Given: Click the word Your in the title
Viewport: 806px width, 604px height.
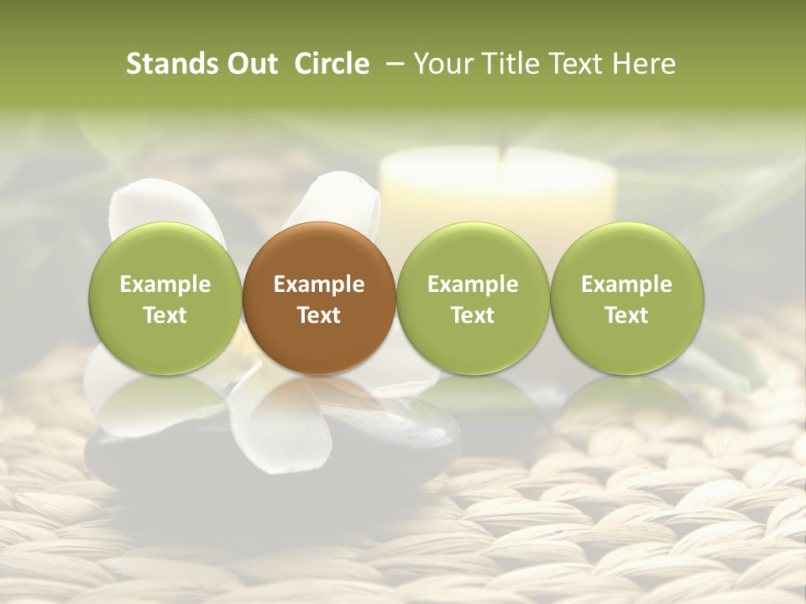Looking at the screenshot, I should (x=442, y=64).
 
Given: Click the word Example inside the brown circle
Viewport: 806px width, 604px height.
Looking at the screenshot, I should (x=319, y=284).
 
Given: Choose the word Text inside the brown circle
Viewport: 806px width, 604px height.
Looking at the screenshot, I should (x=319, y=315).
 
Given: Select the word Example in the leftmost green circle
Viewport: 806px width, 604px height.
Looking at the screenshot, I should (x=165, y=284).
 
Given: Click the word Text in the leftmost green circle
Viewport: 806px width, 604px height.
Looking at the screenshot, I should (x=165, y=315).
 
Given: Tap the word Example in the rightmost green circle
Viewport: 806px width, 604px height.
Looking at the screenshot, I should (x=626, y=284).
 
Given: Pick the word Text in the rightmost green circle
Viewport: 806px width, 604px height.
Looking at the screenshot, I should (x=626, y=315).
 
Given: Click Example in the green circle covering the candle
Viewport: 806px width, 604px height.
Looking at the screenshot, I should (x=473, y=284).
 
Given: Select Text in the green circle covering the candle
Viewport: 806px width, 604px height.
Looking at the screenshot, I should (x=473, y=315).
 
